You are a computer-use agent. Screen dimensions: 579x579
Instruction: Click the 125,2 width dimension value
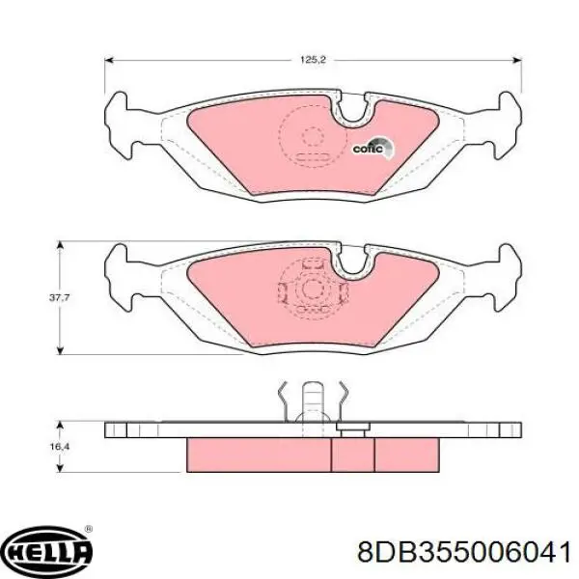click(312, 60)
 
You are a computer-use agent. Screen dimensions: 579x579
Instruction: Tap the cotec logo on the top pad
click(372, 148)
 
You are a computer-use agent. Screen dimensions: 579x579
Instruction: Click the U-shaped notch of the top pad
click(352, 110)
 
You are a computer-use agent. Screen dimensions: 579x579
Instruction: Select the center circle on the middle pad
click(312, 288)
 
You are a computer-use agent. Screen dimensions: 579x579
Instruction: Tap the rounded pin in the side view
click(312, 398)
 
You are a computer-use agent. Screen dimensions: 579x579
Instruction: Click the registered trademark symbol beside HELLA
click(88, 530)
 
